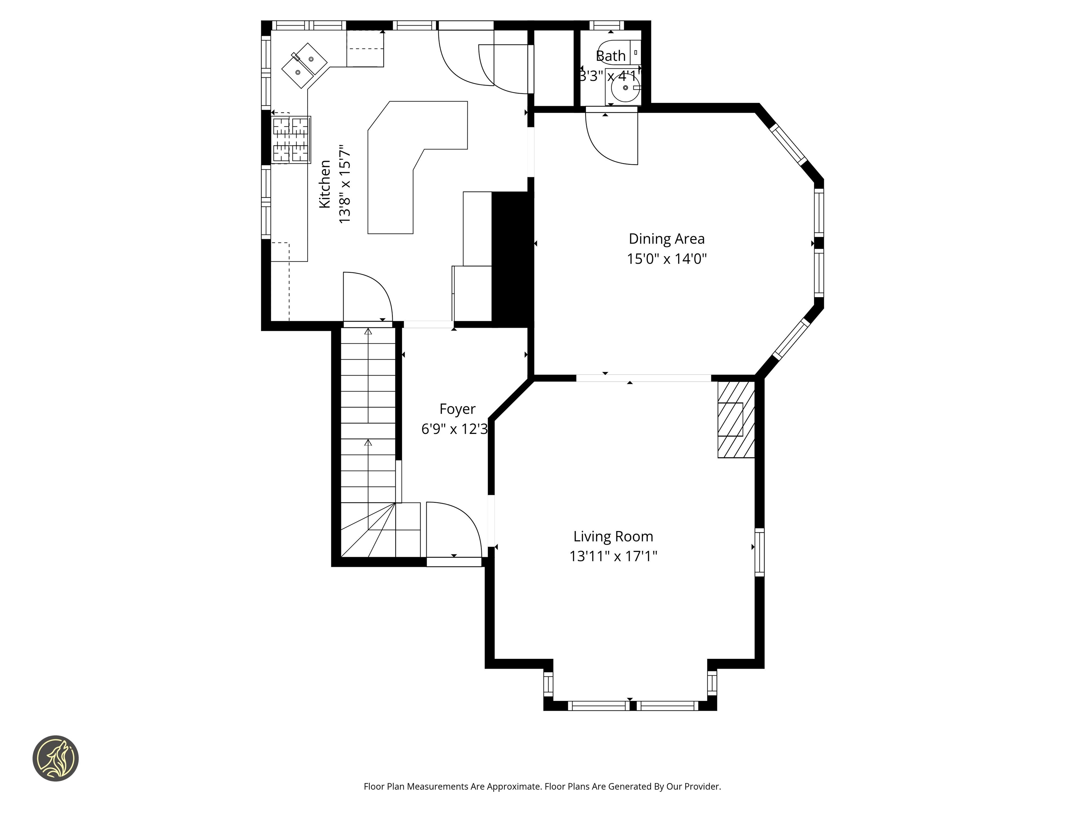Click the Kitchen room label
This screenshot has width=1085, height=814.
(x=325, y=184)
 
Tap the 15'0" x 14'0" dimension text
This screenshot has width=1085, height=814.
(x=666, y=259)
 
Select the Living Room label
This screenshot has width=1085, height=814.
(x=613, y=536)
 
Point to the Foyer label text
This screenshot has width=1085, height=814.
(x=457, y=409)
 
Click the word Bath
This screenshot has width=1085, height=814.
(x=611, y=56)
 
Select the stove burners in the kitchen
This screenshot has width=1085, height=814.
(x=291, y=140)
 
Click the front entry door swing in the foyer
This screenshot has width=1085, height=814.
(x=452, y=530)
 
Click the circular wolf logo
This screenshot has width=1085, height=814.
(x=55, y=758)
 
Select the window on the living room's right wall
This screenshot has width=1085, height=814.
(x=759, y=552)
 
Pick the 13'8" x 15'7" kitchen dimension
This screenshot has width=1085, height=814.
(x=345, y=184)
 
